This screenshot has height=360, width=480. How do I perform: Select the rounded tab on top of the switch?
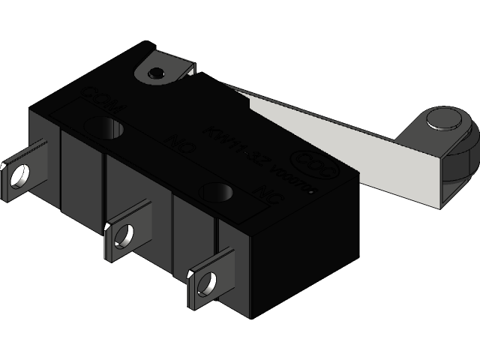[x=160, y=68]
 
